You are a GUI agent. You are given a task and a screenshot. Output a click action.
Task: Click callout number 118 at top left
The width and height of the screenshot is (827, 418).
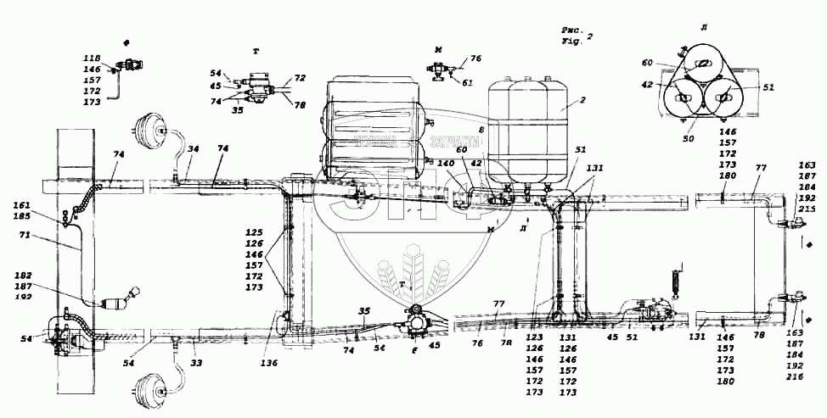tap(92, 58)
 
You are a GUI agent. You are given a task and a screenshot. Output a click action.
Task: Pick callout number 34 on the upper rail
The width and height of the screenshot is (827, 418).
tap(194, 149)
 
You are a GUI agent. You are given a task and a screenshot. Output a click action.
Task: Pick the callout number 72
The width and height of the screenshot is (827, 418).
tap(301, 77)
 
